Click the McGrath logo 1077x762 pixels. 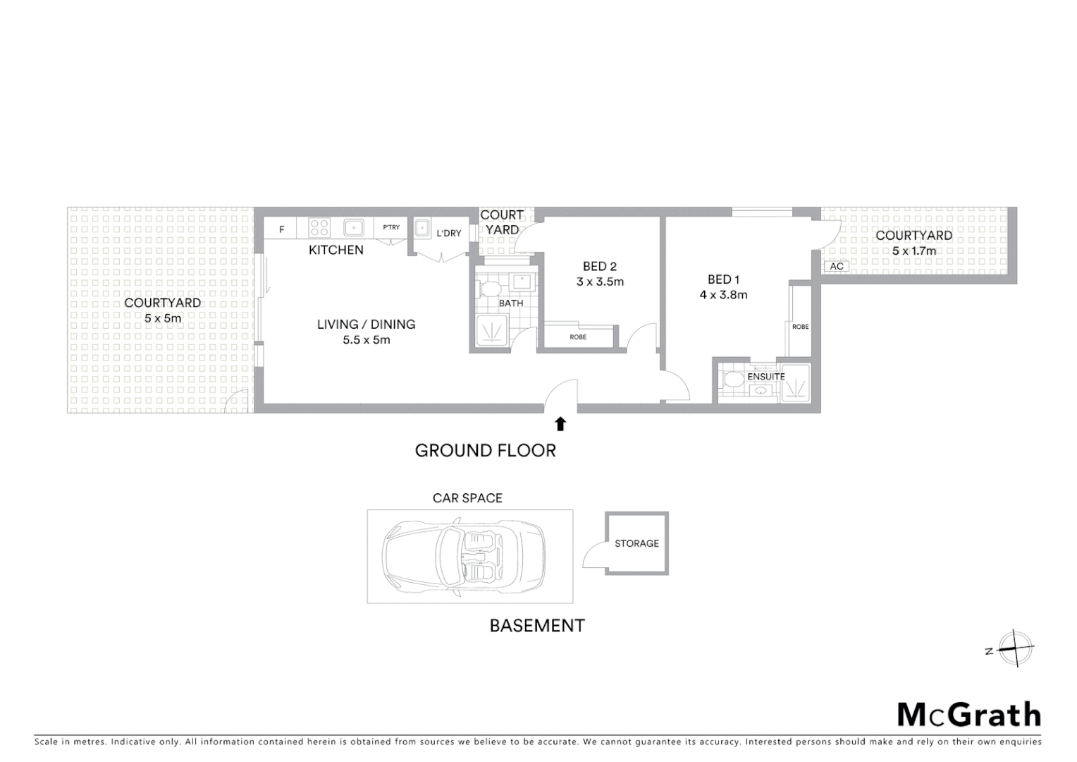969,715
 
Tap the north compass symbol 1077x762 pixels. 1015,648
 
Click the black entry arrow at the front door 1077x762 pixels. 560,423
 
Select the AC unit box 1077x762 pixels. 837,266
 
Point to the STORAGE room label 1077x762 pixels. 636,543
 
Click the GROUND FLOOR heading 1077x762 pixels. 485,450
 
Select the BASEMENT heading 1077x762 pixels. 537,625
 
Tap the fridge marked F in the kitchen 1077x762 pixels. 281,229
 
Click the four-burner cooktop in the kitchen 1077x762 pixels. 319,228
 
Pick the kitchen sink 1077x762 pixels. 353,228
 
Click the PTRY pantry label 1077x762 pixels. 391,227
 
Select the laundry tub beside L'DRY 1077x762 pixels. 422,228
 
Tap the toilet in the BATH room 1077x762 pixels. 489,289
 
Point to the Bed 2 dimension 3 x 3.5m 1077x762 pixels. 600,282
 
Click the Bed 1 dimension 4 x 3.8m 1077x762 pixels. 723,295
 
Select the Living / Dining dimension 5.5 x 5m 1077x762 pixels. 366,339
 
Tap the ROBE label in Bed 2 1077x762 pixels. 578,337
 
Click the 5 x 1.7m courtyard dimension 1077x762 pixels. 913,250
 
